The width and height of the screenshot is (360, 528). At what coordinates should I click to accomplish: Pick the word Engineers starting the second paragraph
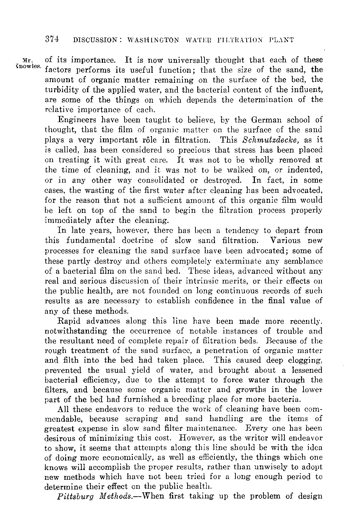point(76,120)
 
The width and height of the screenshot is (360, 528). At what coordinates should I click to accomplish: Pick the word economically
point(130,457)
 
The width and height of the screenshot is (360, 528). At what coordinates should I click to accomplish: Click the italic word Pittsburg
point(73,497)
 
